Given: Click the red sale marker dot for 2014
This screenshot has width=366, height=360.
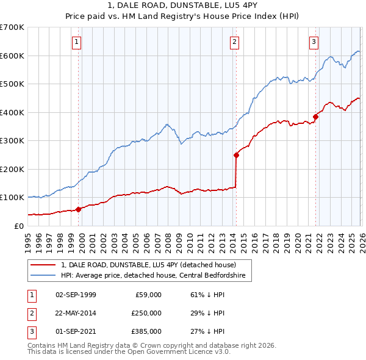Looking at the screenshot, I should pyautogui.click(x=236, y=155).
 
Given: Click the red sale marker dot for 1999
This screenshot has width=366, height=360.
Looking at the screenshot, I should pyautogui.click(x=78, y=209).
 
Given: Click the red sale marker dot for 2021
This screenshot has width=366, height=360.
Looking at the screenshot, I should pyautogui.click(x=315, y=117).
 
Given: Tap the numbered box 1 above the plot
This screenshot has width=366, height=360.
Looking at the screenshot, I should pyautogui.click(x=76, y=42).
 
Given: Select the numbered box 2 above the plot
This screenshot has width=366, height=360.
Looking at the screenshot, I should pyautogui.click(x=234, y=42).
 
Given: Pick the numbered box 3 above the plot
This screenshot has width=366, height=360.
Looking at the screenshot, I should pyautogui.click(x=314, y=42).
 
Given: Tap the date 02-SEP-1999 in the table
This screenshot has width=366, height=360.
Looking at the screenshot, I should pyautogui.click(x=76, y=295).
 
